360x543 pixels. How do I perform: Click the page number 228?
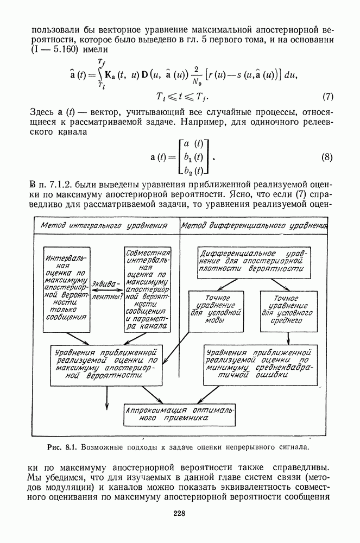(x=180, y=514)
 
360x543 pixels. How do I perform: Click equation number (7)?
(x=327, y=98)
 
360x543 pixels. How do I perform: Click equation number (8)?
(x=327, y=158)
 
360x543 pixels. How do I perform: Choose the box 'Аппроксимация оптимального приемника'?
(x=179, y=414)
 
